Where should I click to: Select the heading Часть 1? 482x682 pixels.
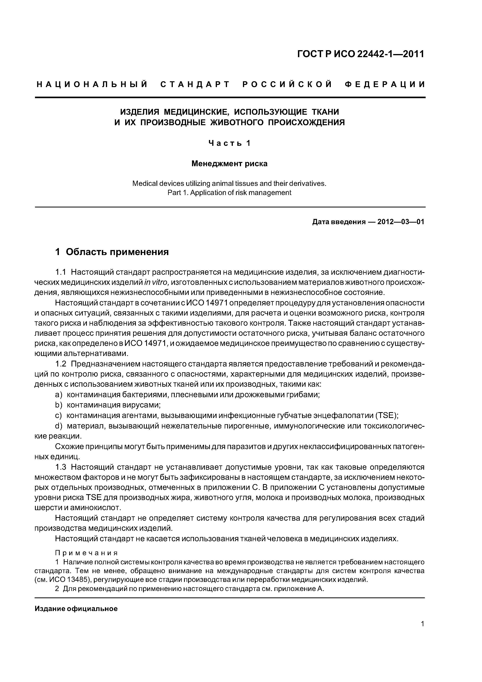[229, 143]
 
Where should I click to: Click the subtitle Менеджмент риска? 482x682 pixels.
[229, 164]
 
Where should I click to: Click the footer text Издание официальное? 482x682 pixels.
[76, 609]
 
